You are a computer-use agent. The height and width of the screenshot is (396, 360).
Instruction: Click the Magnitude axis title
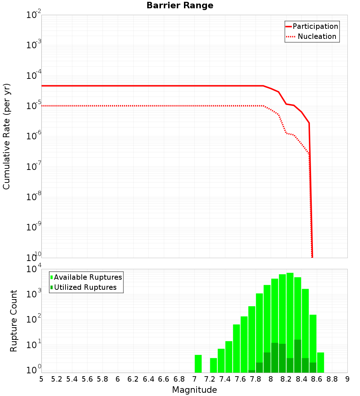coord(194,390)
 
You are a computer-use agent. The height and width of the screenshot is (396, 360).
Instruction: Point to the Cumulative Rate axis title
coord(7,136)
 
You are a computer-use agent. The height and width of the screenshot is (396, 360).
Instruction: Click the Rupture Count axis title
coord(14,321)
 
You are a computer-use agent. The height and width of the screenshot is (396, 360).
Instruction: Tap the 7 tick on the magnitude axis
coord(194,379)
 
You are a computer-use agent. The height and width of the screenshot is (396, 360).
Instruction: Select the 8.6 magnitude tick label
coord(317,379)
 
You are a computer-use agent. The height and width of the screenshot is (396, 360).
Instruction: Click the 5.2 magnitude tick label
coord(57,379)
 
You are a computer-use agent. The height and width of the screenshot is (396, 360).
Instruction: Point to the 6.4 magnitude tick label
coord(149,379)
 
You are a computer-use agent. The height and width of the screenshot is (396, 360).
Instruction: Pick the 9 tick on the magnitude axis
coord(347,379)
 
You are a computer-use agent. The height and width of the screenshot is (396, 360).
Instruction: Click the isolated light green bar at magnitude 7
coord(198,364)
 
